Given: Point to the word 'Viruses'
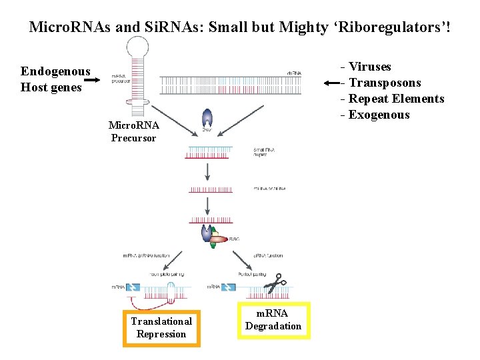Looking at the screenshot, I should [370, 67].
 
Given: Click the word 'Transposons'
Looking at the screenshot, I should [385, 83].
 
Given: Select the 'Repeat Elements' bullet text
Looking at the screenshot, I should [396, 99].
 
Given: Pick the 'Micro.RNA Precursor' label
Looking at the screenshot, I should [133, 131].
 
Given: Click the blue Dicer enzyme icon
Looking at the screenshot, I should [207, 119].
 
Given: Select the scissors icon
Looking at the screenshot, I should [275, 284].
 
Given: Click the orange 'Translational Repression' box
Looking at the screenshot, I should [161, 327].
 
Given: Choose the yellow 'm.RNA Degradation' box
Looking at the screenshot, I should [273, 320].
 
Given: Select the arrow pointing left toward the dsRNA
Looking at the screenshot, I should [331, 83].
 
